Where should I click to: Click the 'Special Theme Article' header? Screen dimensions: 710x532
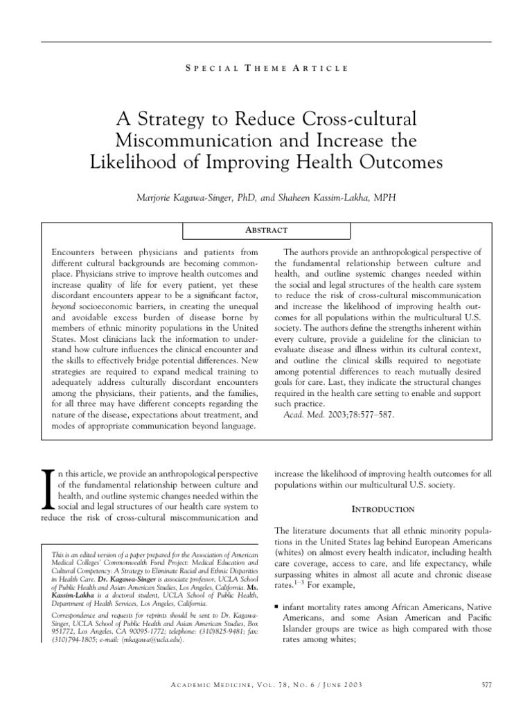click(266, 67)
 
